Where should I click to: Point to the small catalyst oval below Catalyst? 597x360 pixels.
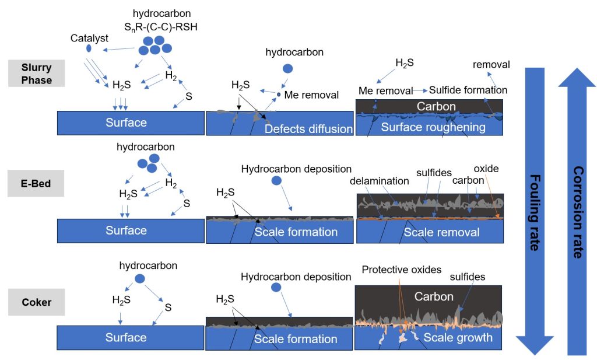[89, 48]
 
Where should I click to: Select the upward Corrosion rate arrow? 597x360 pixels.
[577, 210]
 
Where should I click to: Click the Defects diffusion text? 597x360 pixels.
[308, 129]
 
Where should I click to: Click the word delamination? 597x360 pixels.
[380, 181]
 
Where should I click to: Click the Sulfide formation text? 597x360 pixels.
[468, 90]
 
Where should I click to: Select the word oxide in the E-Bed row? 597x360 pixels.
[486, 169]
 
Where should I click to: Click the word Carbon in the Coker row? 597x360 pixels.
[433, 296]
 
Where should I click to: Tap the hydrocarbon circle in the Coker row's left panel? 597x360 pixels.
[140, 278]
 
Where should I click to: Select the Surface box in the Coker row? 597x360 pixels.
[126, 338]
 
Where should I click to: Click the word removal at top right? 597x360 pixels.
[491, 65]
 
